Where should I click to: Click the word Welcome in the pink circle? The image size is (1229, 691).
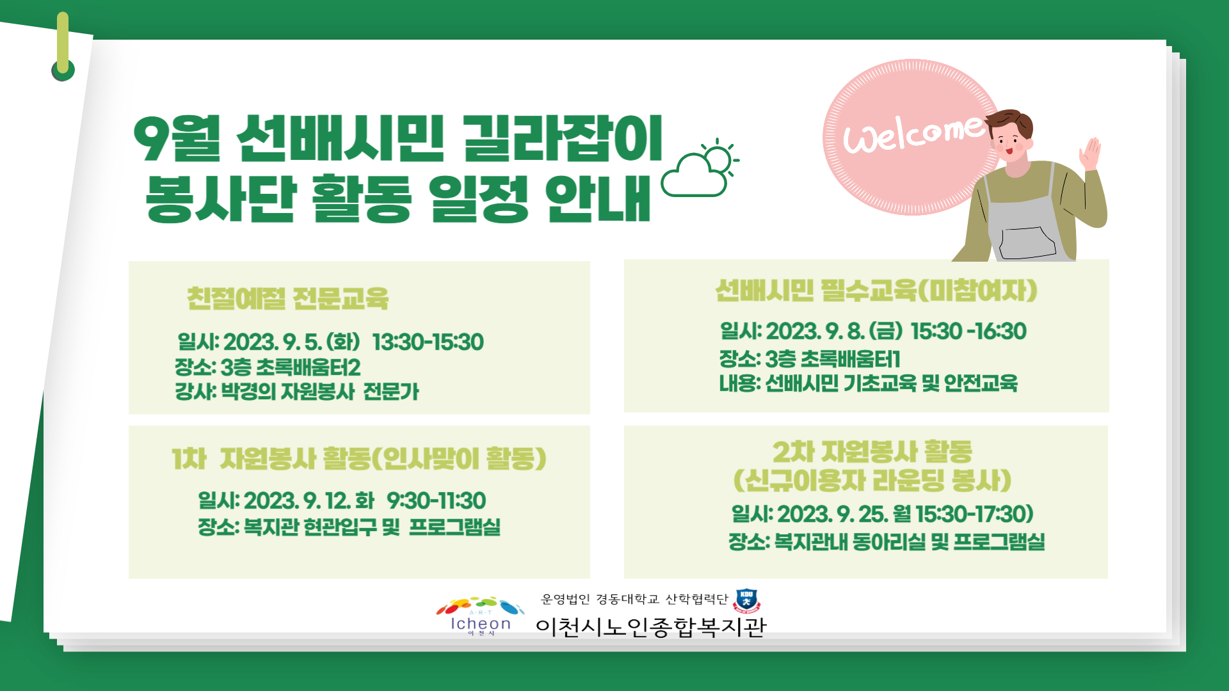click(914, 134)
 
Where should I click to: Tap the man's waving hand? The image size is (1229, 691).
click(1091, 154)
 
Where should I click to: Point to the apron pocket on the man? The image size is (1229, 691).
click(1027, 242)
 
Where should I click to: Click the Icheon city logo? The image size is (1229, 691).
click(481, 616)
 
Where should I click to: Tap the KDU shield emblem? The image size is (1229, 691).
click(746, 601)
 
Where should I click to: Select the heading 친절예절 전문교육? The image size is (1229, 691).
click(287, 299)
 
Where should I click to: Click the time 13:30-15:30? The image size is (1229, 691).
click(428, 342)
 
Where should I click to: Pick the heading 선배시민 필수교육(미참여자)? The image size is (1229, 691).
click(876, 290)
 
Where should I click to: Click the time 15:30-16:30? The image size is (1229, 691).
click(968, 331)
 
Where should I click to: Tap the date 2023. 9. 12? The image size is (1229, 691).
click(297, 501)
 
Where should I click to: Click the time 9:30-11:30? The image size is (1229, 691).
click(437, 501)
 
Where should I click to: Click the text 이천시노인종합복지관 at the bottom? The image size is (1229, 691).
click(651, 627)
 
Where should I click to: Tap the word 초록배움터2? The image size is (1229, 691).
click(308, 368)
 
